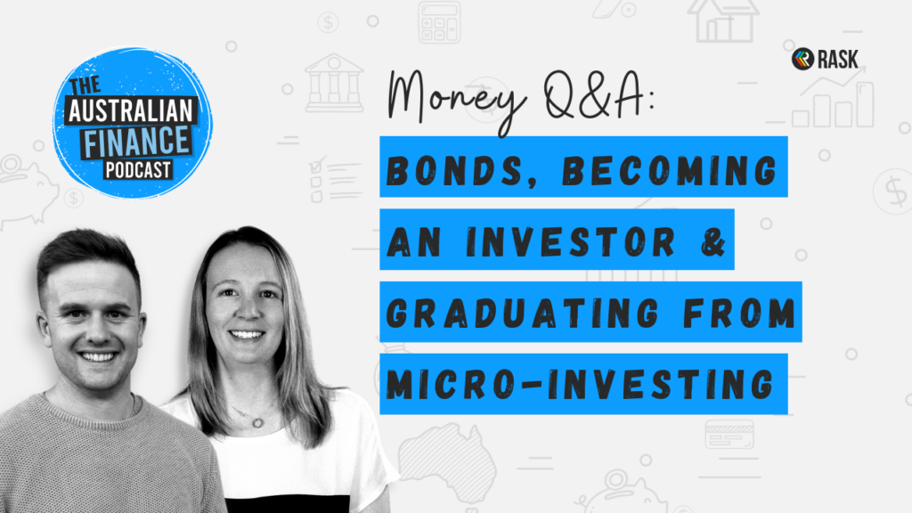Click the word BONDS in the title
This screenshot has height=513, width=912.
tap(455, 171)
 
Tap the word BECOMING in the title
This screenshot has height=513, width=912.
tap(670, 171)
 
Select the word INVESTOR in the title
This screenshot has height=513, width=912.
tap(571, 241)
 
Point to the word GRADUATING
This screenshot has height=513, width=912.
tap(522, 313)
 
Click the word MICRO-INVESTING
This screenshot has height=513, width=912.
tap(581, 385)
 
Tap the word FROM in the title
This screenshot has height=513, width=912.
tap(739, 313)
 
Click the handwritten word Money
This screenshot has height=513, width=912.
tap(457, 99)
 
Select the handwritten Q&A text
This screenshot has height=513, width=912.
tap(598, 95)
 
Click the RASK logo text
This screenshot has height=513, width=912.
tap(837, 60)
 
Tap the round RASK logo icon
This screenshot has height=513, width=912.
tap(802, 59)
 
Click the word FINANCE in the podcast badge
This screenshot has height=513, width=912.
tap(137, 142)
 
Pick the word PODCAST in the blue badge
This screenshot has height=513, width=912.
tap(138, 170)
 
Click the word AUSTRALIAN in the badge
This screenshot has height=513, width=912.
tap(131, 110)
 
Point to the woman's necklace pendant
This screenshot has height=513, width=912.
tap(257, 422)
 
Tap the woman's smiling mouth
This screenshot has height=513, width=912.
tap(247, 335)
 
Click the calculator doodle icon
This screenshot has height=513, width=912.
tap(439, 21)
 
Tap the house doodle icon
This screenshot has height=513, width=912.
tap(723, 20)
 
